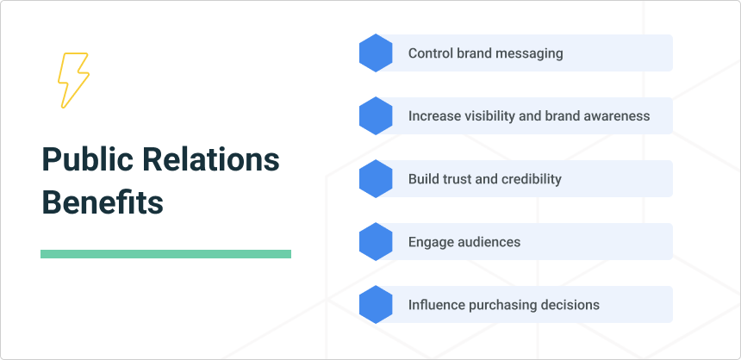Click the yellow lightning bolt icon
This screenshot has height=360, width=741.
(x=73, y=80)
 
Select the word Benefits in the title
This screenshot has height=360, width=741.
(x=103, y=203)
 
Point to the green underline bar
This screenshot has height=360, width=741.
(x=165, y=254)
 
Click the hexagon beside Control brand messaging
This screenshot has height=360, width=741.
(x=376, y=53)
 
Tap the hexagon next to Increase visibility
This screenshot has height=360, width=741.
(x=376, y=116)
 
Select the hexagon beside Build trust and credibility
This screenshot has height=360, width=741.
(x=376, y=179)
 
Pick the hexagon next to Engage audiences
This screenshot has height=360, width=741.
(x=376, y=242)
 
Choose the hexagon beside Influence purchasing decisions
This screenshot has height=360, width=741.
(x=376, y=305)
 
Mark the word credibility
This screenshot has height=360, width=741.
(x=532, y=179)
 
